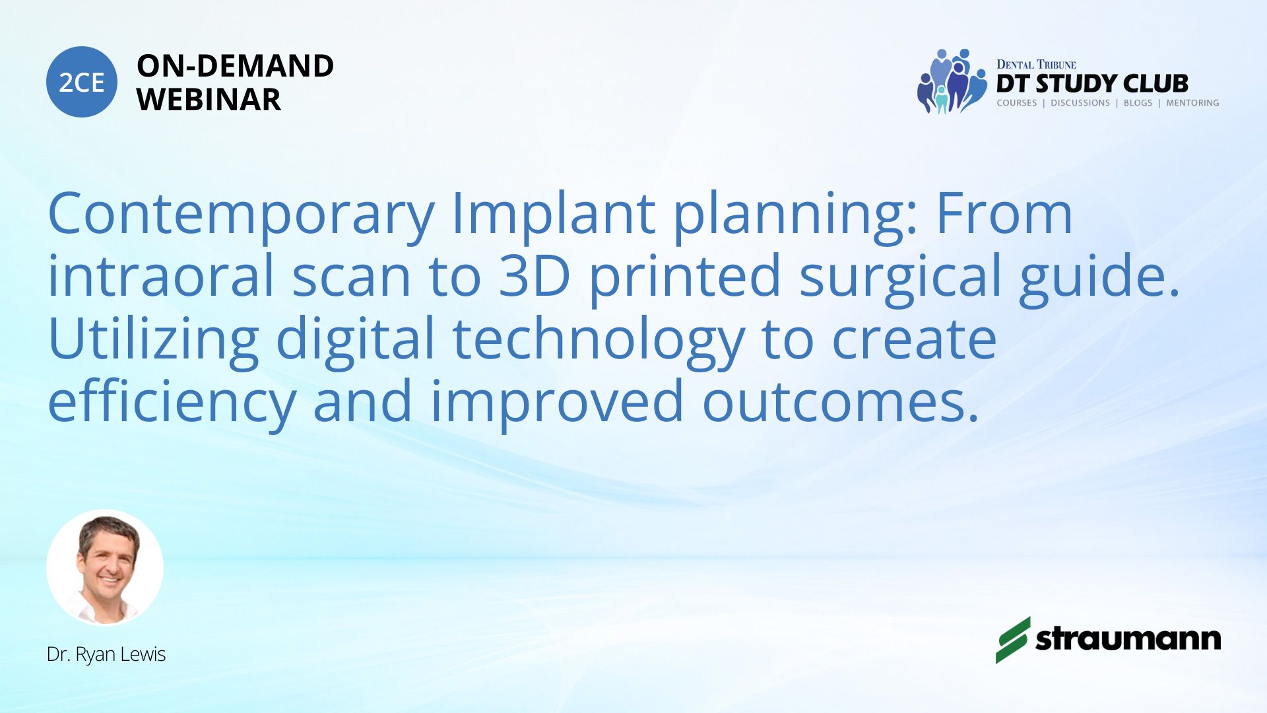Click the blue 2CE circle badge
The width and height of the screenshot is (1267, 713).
click(82, 82)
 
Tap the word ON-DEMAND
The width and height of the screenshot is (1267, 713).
click(235, 66)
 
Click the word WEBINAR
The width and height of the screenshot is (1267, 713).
click(209, 100)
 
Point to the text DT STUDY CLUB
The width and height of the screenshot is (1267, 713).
click(1092, 84)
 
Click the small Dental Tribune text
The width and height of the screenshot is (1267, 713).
click(1036, 64)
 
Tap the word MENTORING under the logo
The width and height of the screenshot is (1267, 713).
click(1192, 103)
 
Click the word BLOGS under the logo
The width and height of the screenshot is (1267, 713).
click(1138, 103)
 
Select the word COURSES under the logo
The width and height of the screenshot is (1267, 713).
click(1016, 103)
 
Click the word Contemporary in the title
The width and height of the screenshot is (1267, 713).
click(242, 215)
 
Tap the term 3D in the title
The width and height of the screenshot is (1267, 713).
click(534, 275)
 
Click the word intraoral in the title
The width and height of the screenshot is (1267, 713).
click(161, 275)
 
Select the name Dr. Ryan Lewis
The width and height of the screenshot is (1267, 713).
click(106, 654)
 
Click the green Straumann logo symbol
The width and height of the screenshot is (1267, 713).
click(1013, 640)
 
